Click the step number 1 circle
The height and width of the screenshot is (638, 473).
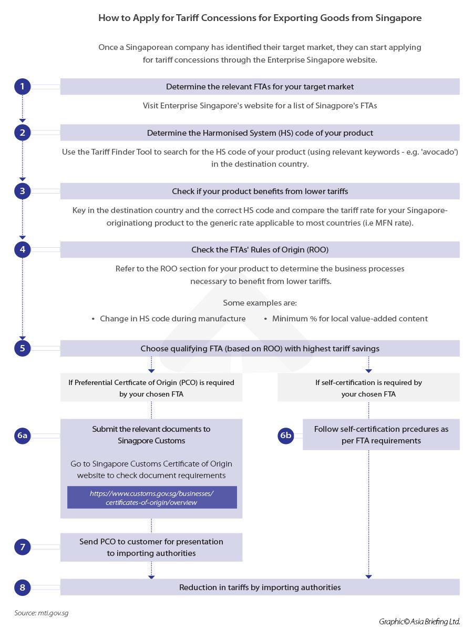point(22,86)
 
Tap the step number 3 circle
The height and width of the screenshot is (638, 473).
point(22,191)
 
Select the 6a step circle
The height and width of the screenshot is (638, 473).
point(22,435)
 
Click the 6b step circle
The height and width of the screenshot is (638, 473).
point(285,435)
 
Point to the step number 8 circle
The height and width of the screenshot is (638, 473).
point(22,587)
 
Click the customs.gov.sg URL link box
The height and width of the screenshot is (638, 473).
point(151,498)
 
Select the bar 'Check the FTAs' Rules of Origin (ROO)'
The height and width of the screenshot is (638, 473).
point(260,250)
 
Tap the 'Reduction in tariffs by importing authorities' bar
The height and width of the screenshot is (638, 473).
point(260,587)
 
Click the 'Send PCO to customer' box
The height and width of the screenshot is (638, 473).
point(151,547)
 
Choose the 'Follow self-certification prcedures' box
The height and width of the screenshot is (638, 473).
point(381,434)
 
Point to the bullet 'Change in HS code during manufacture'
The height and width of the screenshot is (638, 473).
point(172,319)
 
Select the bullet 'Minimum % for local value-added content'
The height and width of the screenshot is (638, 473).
point(349,319)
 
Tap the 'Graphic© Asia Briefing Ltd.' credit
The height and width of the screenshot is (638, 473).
point(419,621)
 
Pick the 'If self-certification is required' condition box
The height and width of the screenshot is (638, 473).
point(368,388)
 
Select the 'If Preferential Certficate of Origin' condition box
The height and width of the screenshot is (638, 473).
point(151,388)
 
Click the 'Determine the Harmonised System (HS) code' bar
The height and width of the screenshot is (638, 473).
point(260,133)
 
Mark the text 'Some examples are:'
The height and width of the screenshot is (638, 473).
point(260,303)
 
